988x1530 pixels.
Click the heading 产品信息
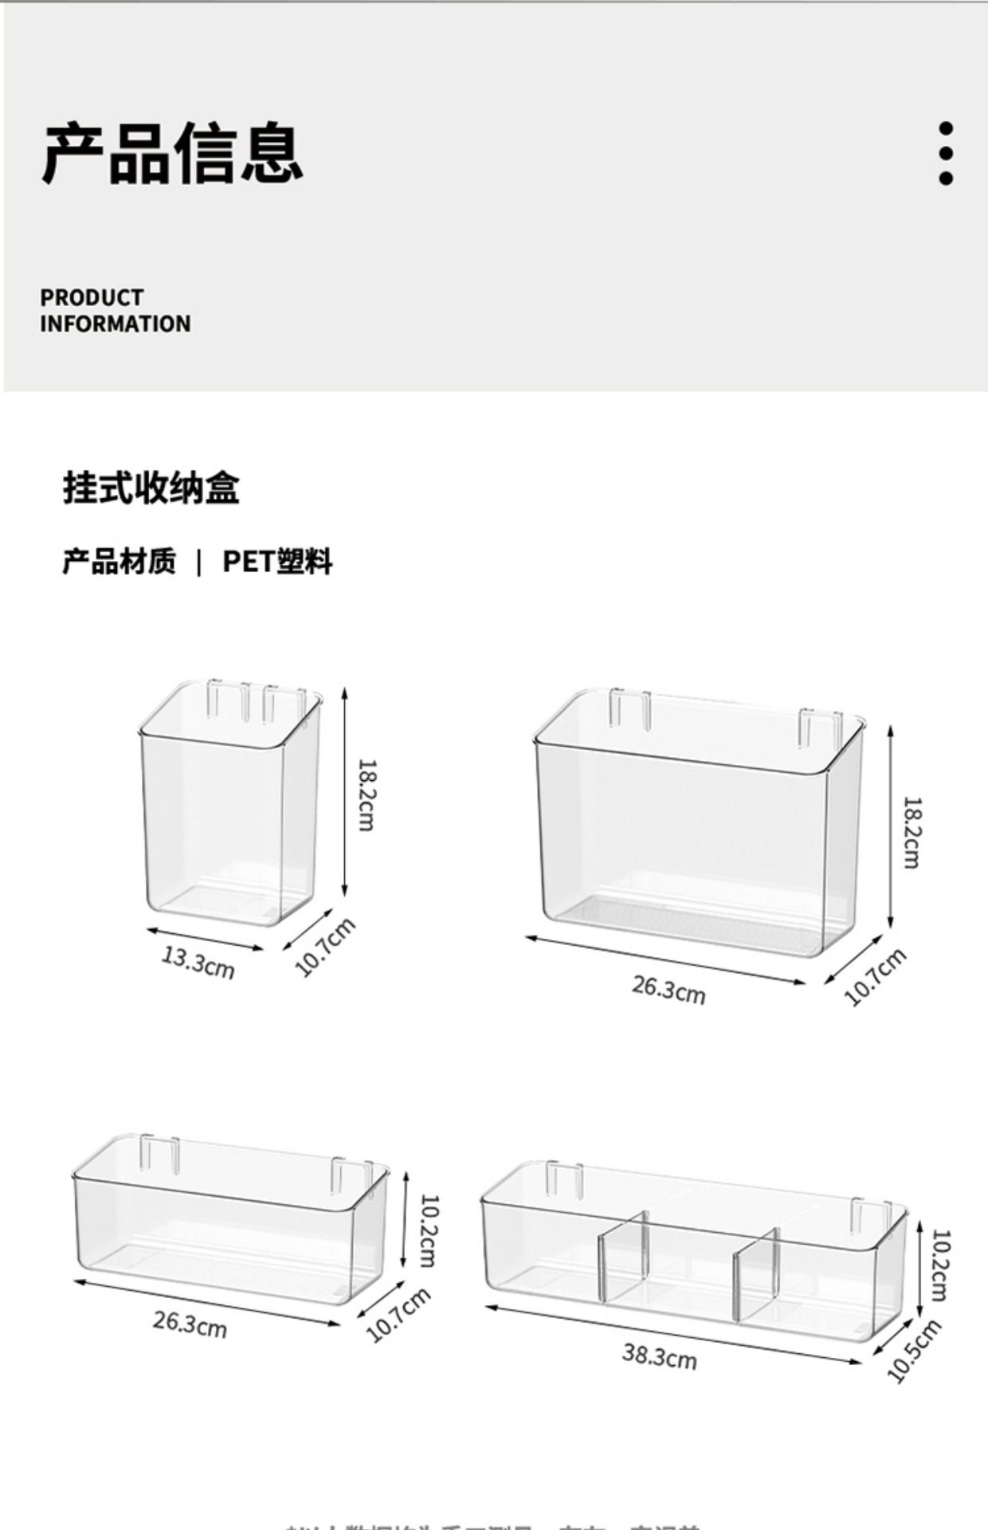coord(172,153)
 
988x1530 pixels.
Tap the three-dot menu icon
coord(946,154)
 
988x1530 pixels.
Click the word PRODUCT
coord(92,297)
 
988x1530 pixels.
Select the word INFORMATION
coord(116,324)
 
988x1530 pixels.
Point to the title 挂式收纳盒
coord(151,488)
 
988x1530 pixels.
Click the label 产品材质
coord(119,562)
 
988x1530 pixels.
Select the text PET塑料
coord(277,562)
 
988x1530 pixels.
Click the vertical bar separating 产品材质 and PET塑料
coord(199,563)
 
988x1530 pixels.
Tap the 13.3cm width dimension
coord(198,961)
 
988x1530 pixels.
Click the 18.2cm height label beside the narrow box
coord(366,794)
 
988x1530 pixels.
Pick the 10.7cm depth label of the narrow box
coord(324,947)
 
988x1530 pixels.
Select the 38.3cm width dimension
coord(660,1355)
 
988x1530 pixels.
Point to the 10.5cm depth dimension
coord(914,1351)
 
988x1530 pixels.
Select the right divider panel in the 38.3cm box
coord(756,1273)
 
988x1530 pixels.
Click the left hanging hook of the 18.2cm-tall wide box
coord(629,708)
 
